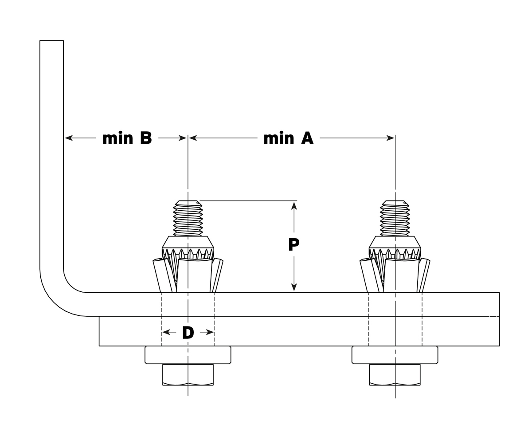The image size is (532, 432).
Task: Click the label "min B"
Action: (x=127, y=138)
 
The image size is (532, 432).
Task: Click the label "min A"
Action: (x=289, y=138)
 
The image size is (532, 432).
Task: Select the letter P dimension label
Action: (x=293, y=244)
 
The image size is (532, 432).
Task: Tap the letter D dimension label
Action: (x=188, y=333)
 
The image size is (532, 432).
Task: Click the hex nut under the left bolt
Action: (x=188, y=375)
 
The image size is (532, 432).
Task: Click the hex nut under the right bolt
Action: (x=395, y=375)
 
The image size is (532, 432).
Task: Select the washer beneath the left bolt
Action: (x=188, y=355)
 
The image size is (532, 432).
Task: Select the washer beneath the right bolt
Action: (x=395, y=355)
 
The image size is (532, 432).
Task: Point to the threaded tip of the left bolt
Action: (x=188, y=217)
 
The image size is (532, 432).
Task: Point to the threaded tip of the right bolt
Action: (x=395, y=217)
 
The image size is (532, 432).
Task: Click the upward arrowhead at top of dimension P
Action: (x=293, y=205)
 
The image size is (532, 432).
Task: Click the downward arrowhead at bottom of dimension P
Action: (x=293, y=287)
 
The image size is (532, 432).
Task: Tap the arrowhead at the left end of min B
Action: (x=69, y=138)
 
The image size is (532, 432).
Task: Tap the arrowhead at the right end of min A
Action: (x=390, y=138)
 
